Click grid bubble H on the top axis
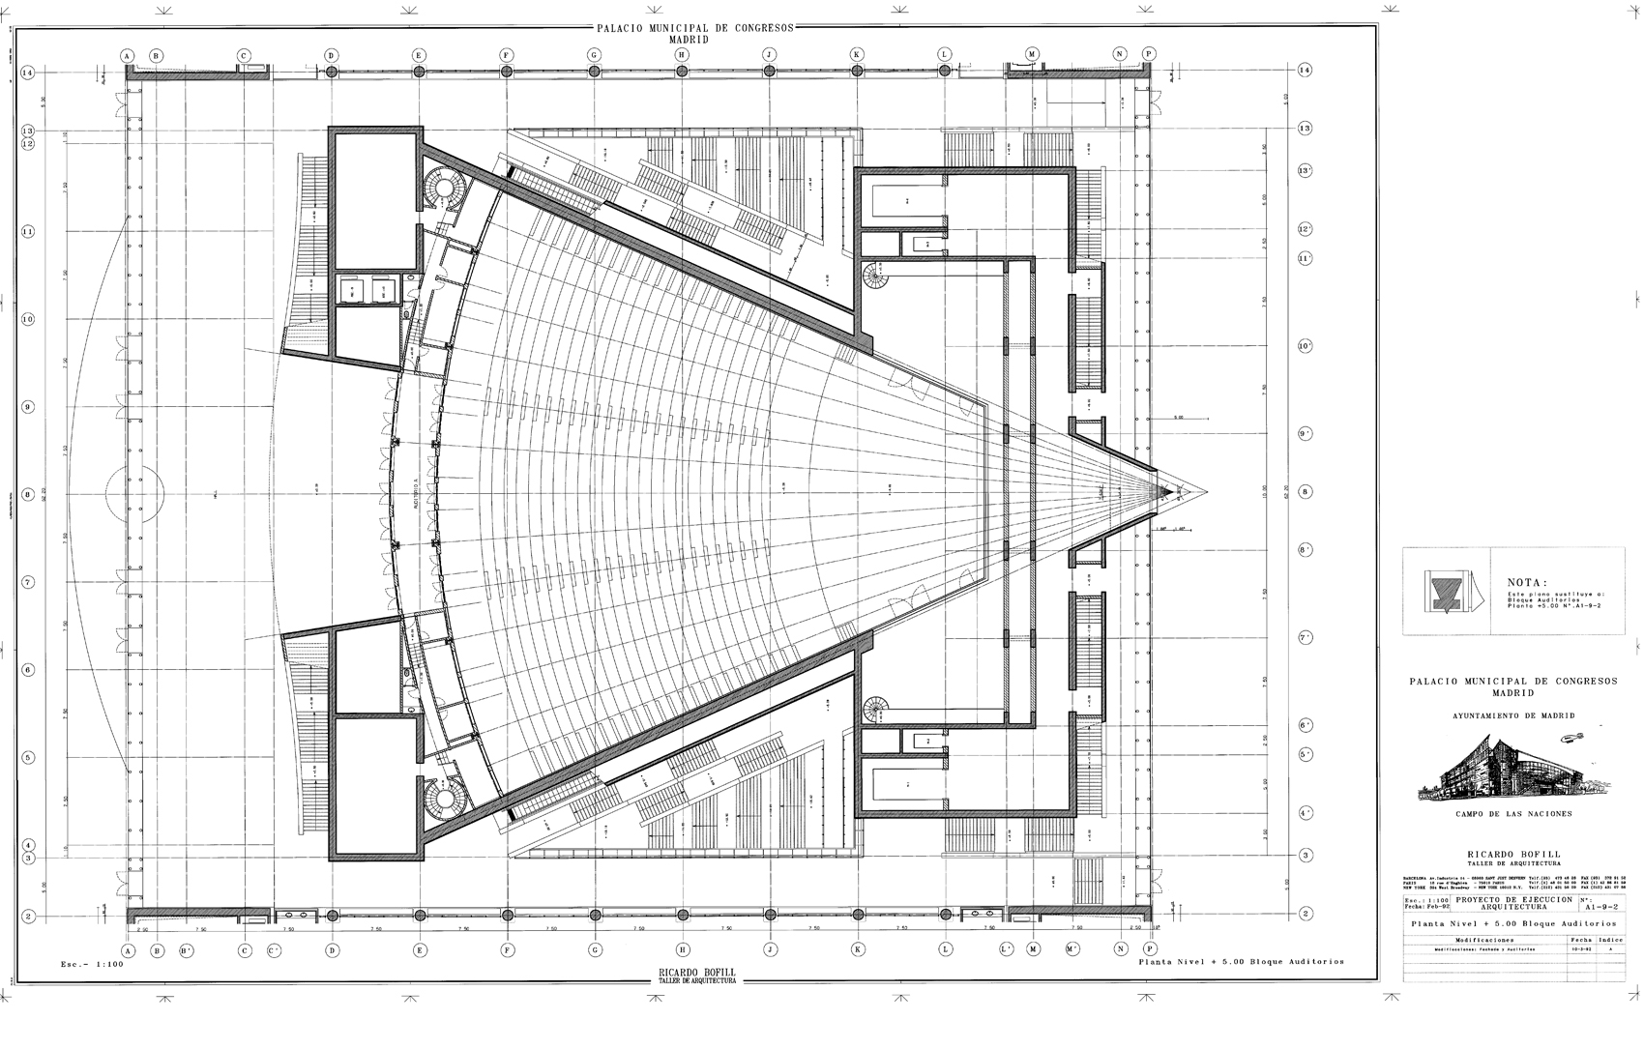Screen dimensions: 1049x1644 tap(682, 55)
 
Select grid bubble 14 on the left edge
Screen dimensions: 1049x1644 tap(29, 72)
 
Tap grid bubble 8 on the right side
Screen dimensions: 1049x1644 tap(1305, 492)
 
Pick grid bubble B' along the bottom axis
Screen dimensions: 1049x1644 tap(187, 950)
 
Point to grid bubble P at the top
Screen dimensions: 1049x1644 tap(1149, 55)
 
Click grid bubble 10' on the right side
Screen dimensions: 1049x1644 tap(1305, 345)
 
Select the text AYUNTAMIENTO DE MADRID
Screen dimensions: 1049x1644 tap(1513, 715)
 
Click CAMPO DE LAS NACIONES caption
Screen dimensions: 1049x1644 tap(1513, 814)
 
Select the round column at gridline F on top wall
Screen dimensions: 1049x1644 tap(507, 72)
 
